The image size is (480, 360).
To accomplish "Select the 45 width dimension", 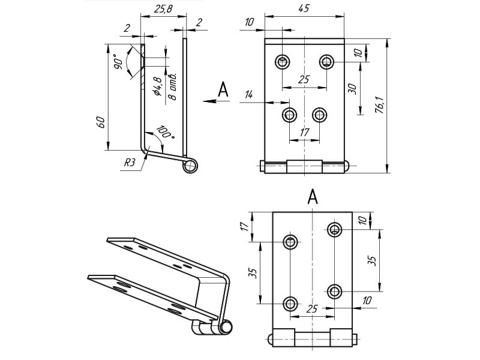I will tap(305, 9).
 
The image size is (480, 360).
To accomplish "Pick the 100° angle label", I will tap(166, 133).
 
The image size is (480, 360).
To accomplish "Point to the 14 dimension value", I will tap(250, 94).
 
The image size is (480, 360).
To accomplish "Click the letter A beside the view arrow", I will tap(223, 90).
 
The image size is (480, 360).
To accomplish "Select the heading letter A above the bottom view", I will tap(313, 196).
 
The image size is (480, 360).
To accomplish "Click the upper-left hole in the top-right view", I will tap(283, 61).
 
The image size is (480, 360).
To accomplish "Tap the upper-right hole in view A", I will tap(334, 229).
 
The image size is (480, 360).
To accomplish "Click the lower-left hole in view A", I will tap(290, 303).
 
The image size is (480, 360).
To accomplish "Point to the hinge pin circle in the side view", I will tap(190, 166).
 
